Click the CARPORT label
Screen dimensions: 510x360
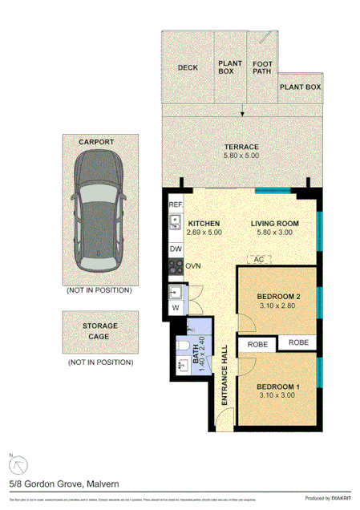[x=95, y=142]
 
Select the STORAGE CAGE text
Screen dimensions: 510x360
[x=99, y=331]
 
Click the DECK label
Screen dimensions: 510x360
[x=188, y=67]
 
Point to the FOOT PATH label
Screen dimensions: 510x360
[x=262, y=67]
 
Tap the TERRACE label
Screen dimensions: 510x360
[x=241, y=147]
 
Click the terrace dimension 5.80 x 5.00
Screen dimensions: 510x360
[x=241, y=156]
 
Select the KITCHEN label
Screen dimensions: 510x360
[x=203, y=223]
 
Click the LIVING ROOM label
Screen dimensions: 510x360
[x=274, y=223]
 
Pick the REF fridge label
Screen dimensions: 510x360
[x=176, y=205]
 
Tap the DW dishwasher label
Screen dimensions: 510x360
[x=176, y=249]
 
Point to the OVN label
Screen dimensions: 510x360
[x=193, y=265]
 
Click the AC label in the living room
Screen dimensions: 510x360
[x=258, y=260]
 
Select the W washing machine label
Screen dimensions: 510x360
[x=176, y=308]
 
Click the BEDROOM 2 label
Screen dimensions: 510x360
[x=278, y=297]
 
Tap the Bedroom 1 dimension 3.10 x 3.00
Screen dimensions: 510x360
[x=278, y=396]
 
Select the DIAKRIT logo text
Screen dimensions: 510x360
[x=337, y=498]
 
